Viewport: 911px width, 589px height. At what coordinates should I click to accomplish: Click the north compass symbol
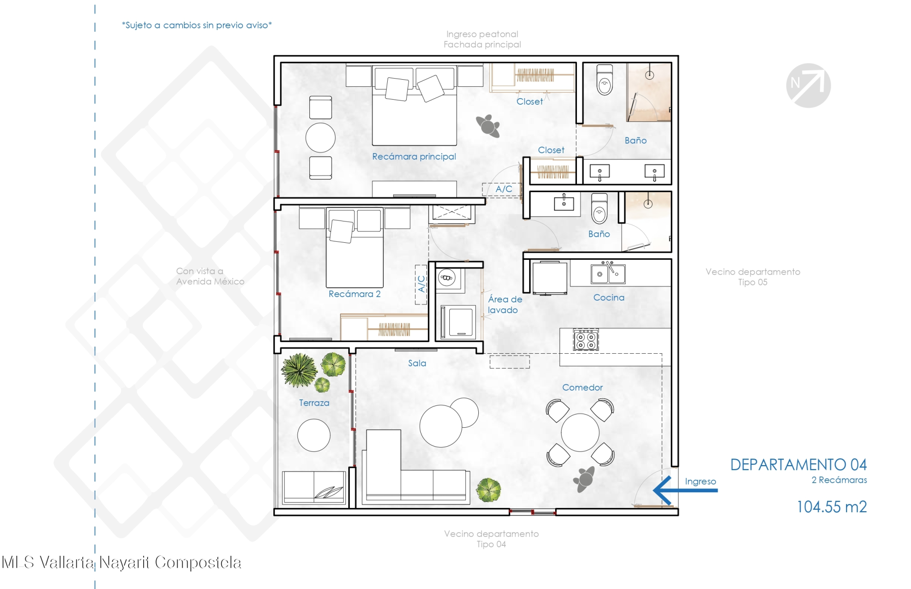tap(808, 85)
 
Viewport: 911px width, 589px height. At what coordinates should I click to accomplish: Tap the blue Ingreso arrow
tap(685, 490)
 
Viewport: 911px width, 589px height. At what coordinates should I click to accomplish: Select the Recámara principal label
tap(414, 156)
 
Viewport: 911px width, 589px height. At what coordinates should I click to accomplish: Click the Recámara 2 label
tap(354, 294)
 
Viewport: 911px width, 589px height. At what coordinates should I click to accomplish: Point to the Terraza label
tap(314, 403)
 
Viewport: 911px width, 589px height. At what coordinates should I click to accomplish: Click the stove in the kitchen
tap(586, 340)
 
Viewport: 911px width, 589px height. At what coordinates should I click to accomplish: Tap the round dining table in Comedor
tap(580, 433)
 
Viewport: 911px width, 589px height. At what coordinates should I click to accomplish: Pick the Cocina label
tap(609, 297)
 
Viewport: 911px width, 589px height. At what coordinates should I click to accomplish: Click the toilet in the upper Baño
tap(604, 80)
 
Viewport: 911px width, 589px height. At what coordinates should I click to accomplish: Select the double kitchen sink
tap(608, 273)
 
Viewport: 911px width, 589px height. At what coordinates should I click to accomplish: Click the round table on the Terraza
tap(314, 435)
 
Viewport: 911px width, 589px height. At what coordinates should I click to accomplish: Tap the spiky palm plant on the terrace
tap(299, 370)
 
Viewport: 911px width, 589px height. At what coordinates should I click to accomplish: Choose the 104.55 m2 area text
tap(831, 507)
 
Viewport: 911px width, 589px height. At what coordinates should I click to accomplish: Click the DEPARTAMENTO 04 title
tap(798, 465)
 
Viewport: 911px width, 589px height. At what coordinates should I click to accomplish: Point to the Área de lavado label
tap(505, 304)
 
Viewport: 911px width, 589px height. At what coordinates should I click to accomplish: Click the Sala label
tap(417, 363)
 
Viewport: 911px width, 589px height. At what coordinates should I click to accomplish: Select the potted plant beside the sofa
tap(488, 489)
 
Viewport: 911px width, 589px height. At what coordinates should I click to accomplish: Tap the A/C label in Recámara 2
tap(421, 284)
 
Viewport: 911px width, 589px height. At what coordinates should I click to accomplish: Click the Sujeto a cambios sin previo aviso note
tap(197, 25)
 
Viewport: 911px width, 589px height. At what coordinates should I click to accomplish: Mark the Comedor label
tap(582, 387)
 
